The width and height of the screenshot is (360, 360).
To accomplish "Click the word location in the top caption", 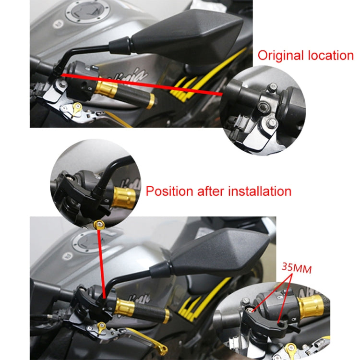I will [330, 55].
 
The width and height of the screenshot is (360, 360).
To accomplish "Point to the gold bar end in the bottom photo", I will [166, 316].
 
